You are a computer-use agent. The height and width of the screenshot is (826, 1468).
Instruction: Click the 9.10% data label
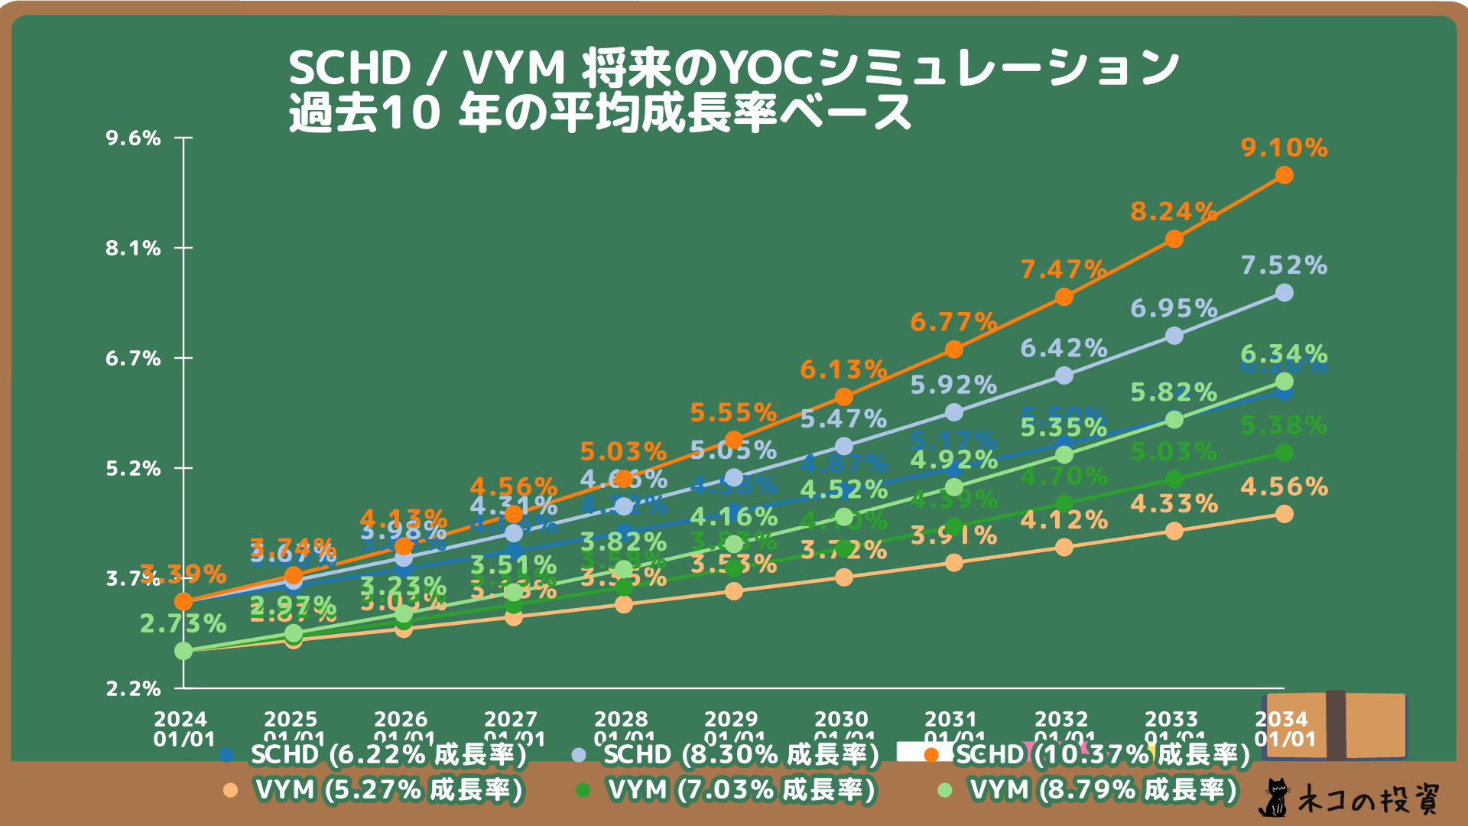[x=1284, y=148]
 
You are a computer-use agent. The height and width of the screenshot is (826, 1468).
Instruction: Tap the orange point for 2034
[x=1284, y=176]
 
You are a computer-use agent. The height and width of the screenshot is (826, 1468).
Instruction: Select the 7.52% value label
[x=1284, y=265]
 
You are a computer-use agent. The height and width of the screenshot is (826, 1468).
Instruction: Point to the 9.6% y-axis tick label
[x=134, y=138]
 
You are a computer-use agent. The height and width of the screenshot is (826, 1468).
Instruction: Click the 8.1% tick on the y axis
[x=134, y=249]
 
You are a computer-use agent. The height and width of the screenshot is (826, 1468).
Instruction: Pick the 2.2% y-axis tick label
[x=134, y=689]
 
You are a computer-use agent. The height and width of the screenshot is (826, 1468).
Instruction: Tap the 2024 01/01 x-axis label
[x=182, y=729]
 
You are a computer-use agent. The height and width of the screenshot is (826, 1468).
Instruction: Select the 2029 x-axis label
[x=732, y=729]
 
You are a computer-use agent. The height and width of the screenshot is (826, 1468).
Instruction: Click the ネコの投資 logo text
[x=1369, y=799]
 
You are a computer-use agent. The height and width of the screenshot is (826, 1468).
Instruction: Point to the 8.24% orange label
[x=1174, y=211]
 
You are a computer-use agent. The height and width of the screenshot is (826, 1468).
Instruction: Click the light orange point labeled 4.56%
[x=1284, y=514]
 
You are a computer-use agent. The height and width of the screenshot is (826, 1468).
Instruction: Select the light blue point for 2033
[x=1174, y=336]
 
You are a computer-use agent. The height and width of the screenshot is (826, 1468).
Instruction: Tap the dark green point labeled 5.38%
[x=1284, y=453]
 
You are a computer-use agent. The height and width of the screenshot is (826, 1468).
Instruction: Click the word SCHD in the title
[x=350, y=69]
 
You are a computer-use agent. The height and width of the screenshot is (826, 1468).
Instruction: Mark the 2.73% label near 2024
[x=183, y=624]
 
